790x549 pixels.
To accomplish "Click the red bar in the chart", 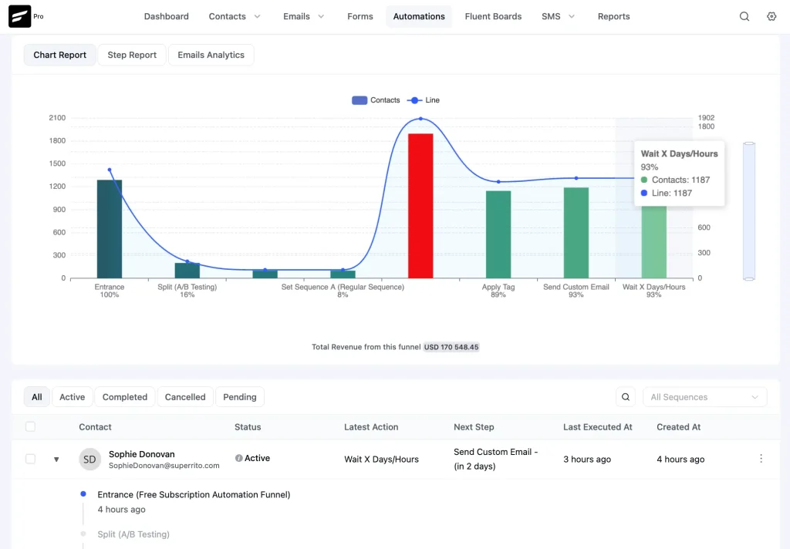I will coord(420,205).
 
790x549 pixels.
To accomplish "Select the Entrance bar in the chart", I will coord(110,228).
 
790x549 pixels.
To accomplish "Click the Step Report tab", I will coord(132,55).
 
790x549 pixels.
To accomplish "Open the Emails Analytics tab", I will coord(211,55).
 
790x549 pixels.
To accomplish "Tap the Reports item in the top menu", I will coord(613,16).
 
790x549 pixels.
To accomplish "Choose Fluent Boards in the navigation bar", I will coord(493,16).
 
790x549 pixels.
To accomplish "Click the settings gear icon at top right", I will coord(771,16).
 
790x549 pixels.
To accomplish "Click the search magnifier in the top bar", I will coord(744,16).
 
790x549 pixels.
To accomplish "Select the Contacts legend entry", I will coord(376,100).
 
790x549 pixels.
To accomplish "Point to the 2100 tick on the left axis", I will coord(57,118).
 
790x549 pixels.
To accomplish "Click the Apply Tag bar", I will coord(498,234).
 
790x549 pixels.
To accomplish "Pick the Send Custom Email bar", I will coord(576,232).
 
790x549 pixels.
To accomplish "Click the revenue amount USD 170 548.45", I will coord(451,347).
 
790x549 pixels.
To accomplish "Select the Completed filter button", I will coord(125,397).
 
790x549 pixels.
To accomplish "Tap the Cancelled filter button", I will coord(185,397).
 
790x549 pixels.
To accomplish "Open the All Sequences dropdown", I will coord(704,397).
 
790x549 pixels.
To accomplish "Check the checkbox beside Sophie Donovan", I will coord(30,459).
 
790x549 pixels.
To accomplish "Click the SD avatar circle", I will coord(90,459).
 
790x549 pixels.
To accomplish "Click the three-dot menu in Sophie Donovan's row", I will coord(761,459).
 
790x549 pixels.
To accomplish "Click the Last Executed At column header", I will coord(598,427).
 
